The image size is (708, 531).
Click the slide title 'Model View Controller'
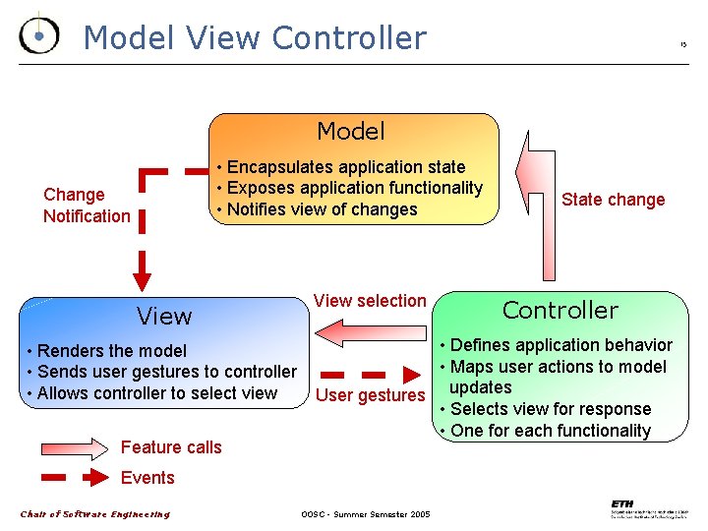tap(255, 37)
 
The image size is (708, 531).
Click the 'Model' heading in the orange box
tap(351, 131)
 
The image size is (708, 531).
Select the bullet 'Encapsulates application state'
tap(341, 167)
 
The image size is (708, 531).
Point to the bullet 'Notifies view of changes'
tap(318, 209)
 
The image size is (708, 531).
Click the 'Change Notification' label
tap(87, 206)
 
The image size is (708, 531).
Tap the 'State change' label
tap(613, 200)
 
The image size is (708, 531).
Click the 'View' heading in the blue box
tap(164, 317)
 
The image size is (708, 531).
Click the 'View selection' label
tap(370, 301)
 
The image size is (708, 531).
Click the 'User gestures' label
tap(370, 395)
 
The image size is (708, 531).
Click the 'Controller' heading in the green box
tap(560, 311)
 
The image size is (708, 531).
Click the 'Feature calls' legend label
tap(171, 447)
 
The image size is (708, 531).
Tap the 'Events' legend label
tap(147, 478)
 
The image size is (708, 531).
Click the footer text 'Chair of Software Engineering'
tap(95, 514)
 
